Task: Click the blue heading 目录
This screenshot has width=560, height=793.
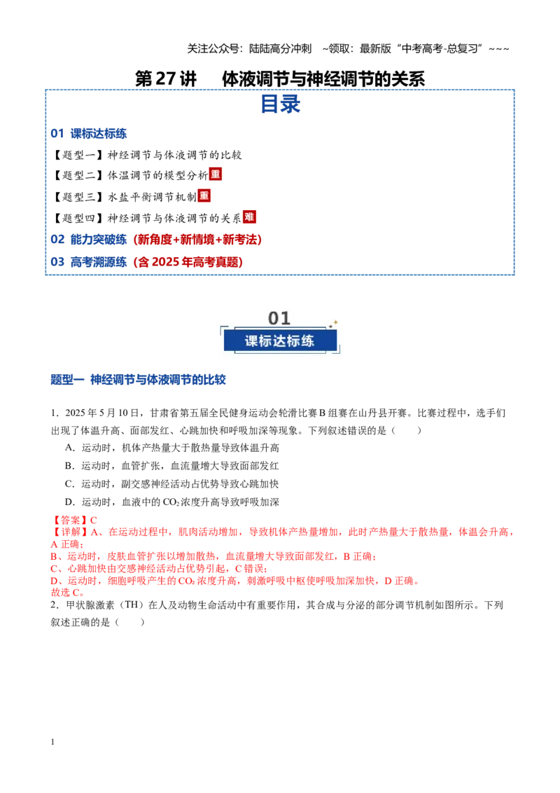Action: click(x=280, y=104)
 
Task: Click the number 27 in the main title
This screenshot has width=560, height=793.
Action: click(x=165, y=78)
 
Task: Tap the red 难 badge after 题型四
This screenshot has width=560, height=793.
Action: click(x=249, y=217)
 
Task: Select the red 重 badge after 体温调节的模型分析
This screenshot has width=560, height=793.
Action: click(x=216, y=174)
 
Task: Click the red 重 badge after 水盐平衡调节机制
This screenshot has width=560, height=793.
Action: click(x=204, y=195)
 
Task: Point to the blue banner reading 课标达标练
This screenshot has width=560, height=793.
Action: click(x=280, y=341)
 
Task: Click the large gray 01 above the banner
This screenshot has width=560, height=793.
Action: click(x=279, y=318)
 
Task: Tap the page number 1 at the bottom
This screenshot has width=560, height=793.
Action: click(x=52, y=742)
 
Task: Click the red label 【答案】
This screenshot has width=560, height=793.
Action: click(x=70, y=520)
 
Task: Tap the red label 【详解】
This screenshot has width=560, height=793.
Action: click(x=70, y=532)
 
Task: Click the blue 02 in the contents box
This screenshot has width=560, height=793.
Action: click(x=57, y=239)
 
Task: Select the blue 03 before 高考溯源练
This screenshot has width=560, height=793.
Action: click(x=57, y=262)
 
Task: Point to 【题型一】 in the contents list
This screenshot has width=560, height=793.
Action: click(x=78, y=155)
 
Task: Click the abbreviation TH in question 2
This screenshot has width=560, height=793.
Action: click(x=131, y=605)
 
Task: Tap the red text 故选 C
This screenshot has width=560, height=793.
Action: click(x=67, y=593)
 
